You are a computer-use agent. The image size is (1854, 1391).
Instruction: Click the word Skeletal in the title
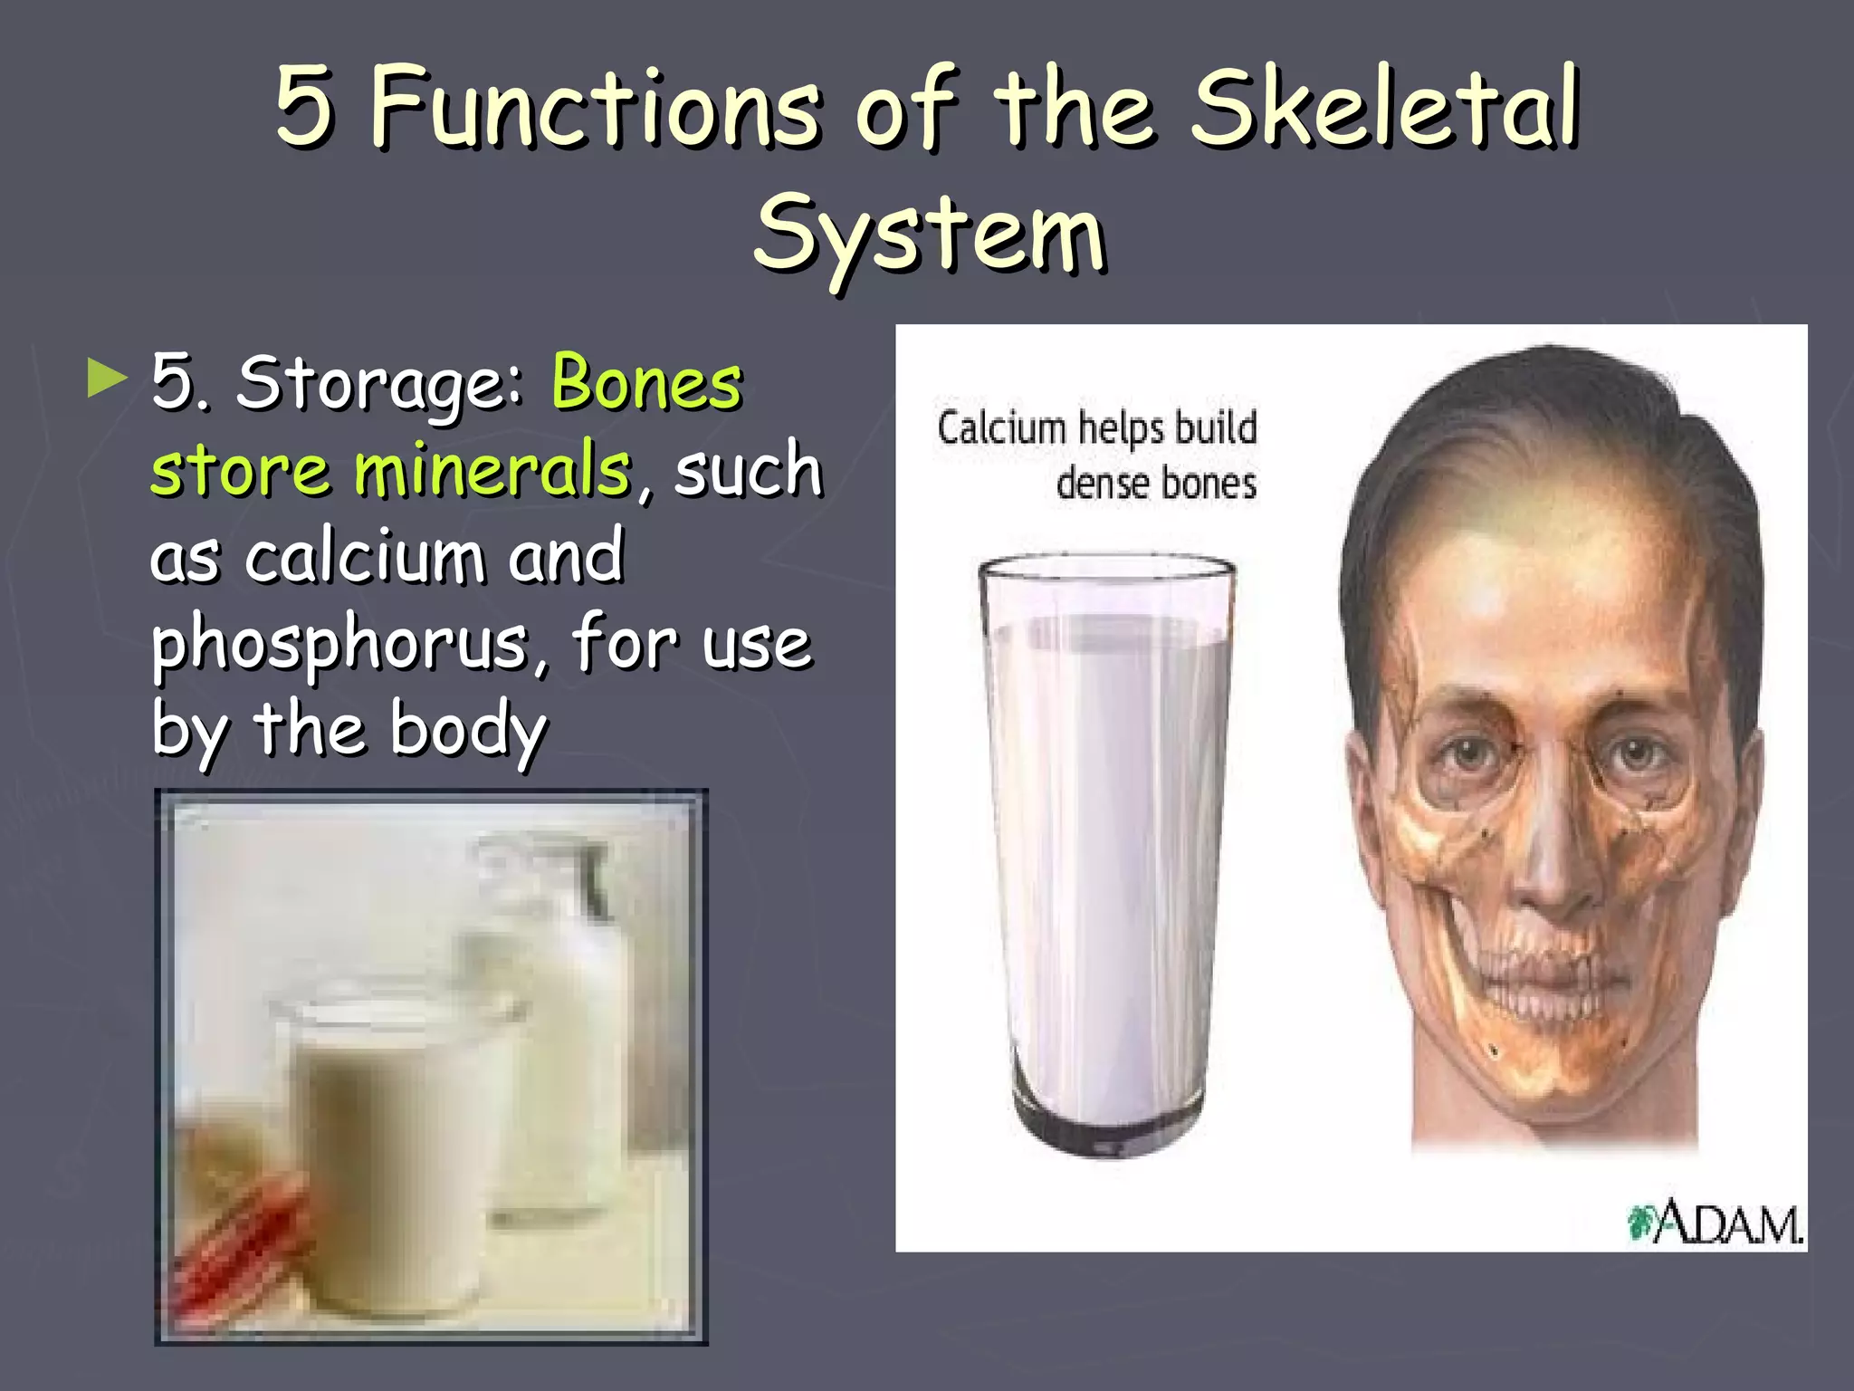pos(1385,109)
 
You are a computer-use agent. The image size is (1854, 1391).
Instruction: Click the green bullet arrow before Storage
pos(107,379)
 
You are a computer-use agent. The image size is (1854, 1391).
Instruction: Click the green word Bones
pos(646,383)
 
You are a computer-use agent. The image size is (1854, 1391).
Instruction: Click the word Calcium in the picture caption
pos(1001,427)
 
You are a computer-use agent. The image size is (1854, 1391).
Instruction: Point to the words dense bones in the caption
pos(1156,484)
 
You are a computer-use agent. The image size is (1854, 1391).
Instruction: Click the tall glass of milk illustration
pos(1108,851)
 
